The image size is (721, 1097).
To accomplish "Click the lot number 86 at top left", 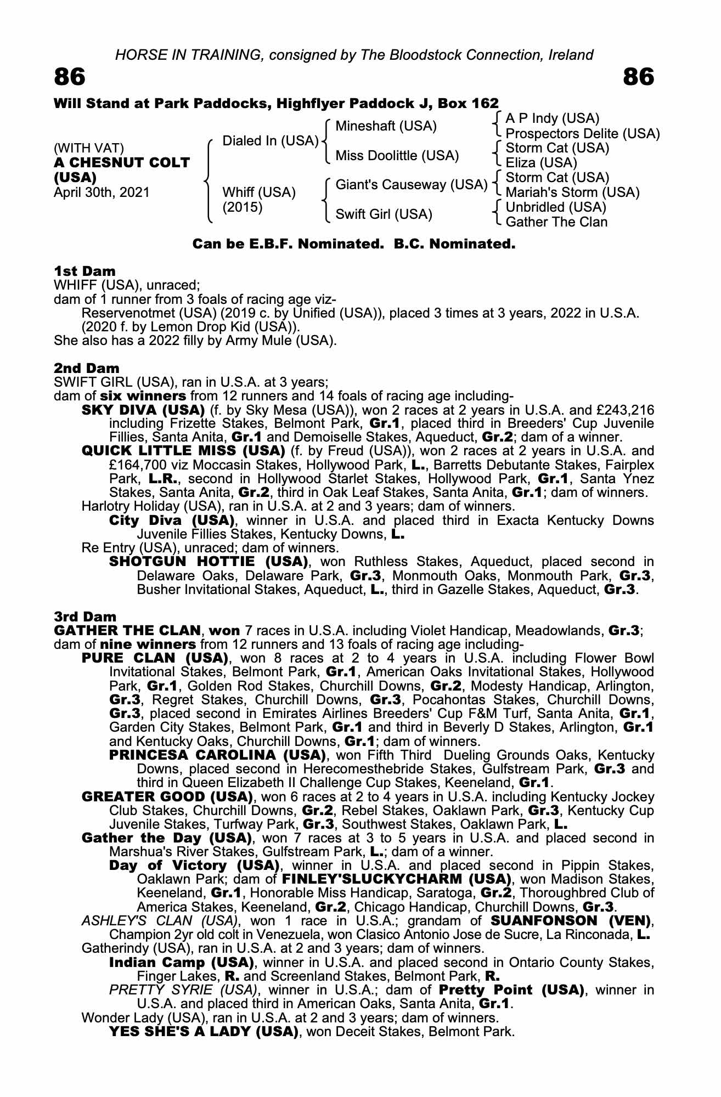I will coord(70,77).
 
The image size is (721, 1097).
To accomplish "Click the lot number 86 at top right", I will coord(639,77).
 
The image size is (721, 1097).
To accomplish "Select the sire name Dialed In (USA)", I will coord(271,141).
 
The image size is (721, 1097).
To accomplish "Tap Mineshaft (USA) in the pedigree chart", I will coord(386,126).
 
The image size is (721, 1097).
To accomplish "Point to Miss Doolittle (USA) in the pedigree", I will coord(397,156).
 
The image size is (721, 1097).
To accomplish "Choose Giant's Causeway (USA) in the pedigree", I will coord(411,185).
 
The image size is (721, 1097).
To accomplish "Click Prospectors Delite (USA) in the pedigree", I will coord(582,134).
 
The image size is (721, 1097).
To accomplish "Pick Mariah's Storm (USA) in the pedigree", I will coord(572,193).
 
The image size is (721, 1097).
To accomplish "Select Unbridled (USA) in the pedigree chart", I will coord(555,207).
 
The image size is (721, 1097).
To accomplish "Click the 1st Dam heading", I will coord(85,271).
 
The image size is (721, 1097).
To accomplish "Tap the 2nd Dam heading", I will coord(86,367).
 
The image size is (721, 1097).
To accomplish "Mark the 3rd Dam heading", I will coord(85,617).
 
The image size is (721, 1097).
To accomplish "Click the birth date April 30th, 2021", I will coord(102,193).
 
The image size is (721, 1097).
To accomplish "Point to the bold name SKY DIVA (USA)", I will coord(143,410).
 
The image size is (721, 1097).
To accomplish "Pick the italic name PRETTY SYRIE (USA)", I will coord(183,989).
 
